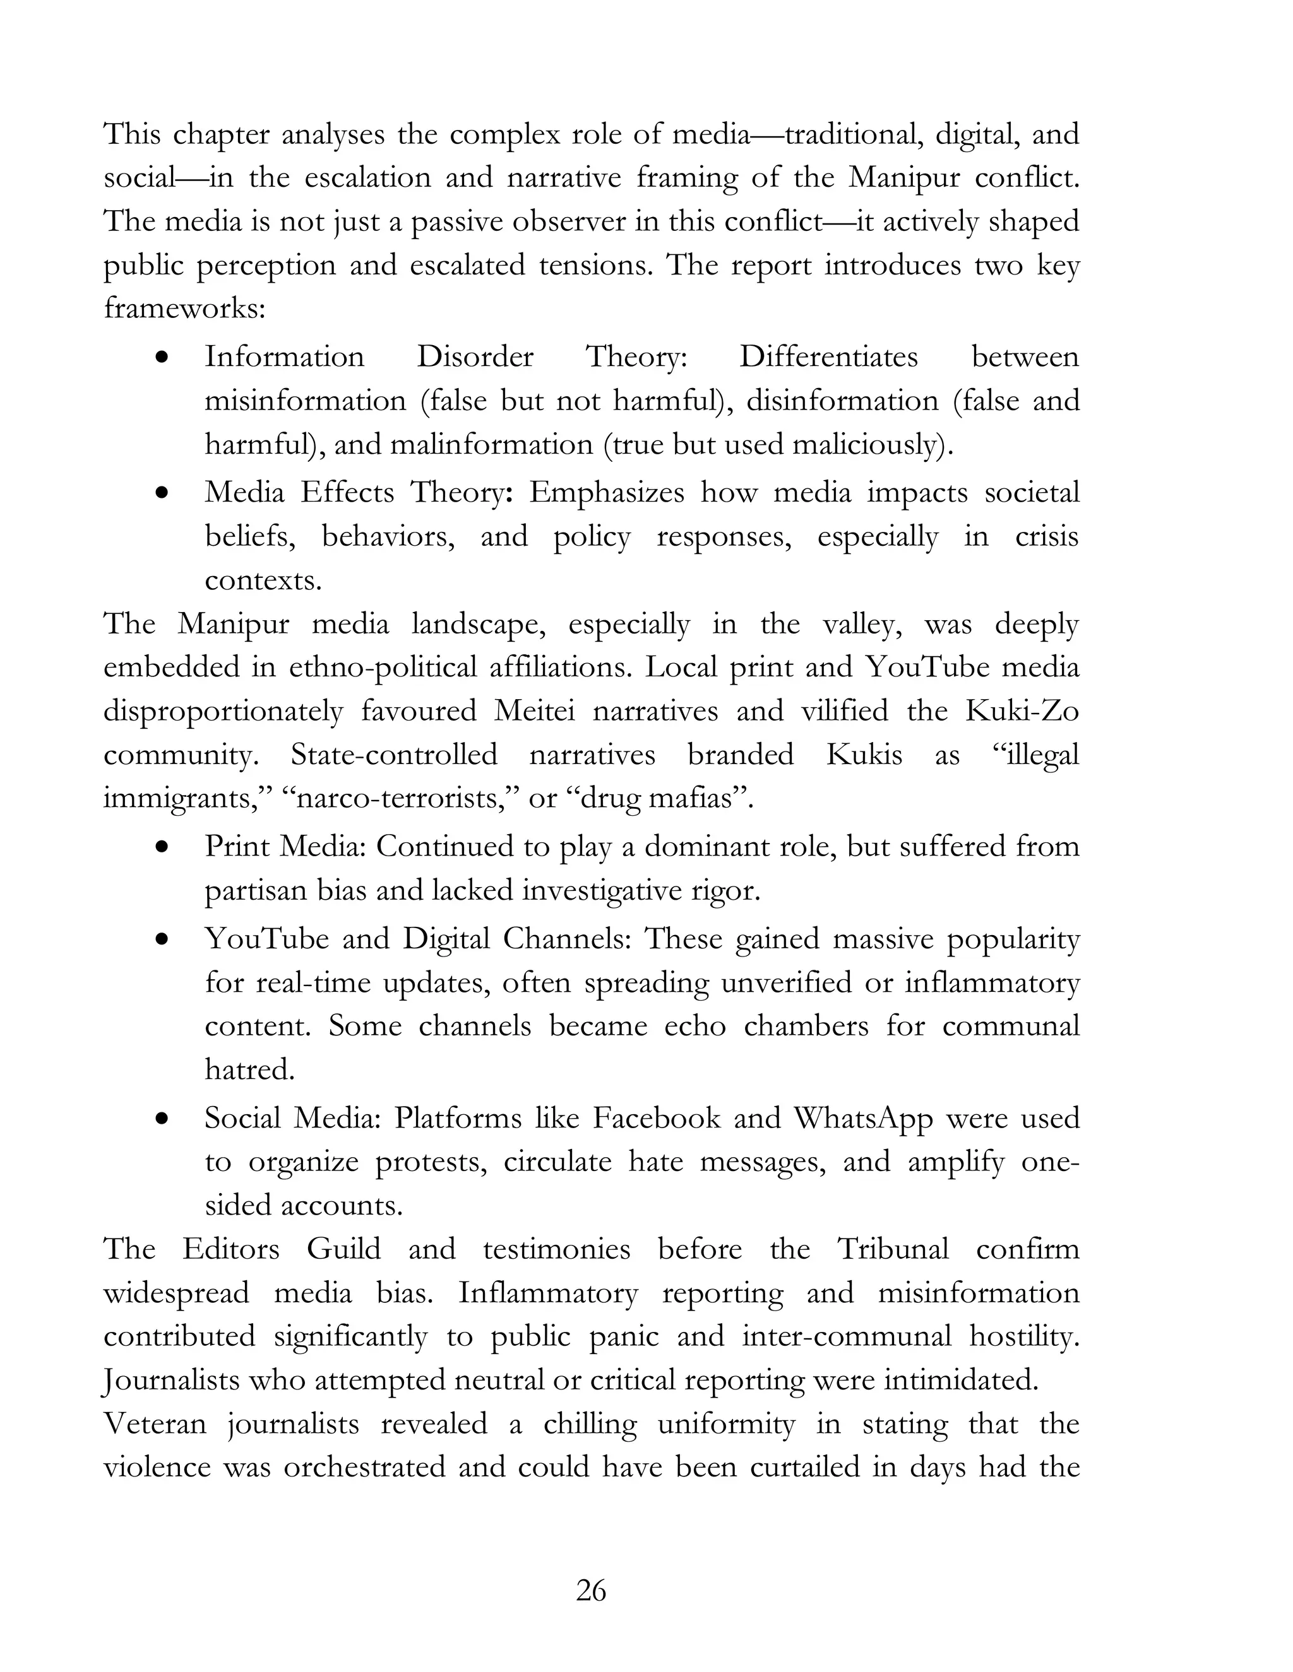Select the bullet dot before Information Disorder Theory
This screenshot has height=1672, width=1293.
pyautogui.click(x=161, y=358)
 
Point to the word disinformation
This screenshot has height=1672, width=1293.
pyautogui.click(x=842, y=401)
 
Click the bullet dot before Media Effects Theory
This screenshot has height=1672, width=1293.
pyautogui.click(x=161, y=494)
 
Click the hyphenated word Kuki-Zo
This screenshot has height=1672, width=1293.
pyautogui.click(x=1022, y=711)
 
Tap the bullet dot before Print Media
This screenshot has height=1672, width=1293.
pyautogui.click(x=161, y=848)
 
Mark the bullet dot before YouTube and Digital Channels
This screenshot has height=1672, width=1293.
pyautogui.click(x=161, y=940)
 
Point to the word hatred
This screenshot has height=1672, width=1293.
pyautogui.click(x=250, y=1069)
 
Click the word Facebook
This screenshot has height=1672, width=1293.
pyautogui.click(x=657, y=1119)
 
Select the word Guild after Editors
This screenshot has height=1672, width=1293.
pyautogui.click(x=344, y=1249)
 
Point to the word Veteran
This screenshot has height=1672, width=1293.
pyautogui.click(x=155, y=1424)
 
